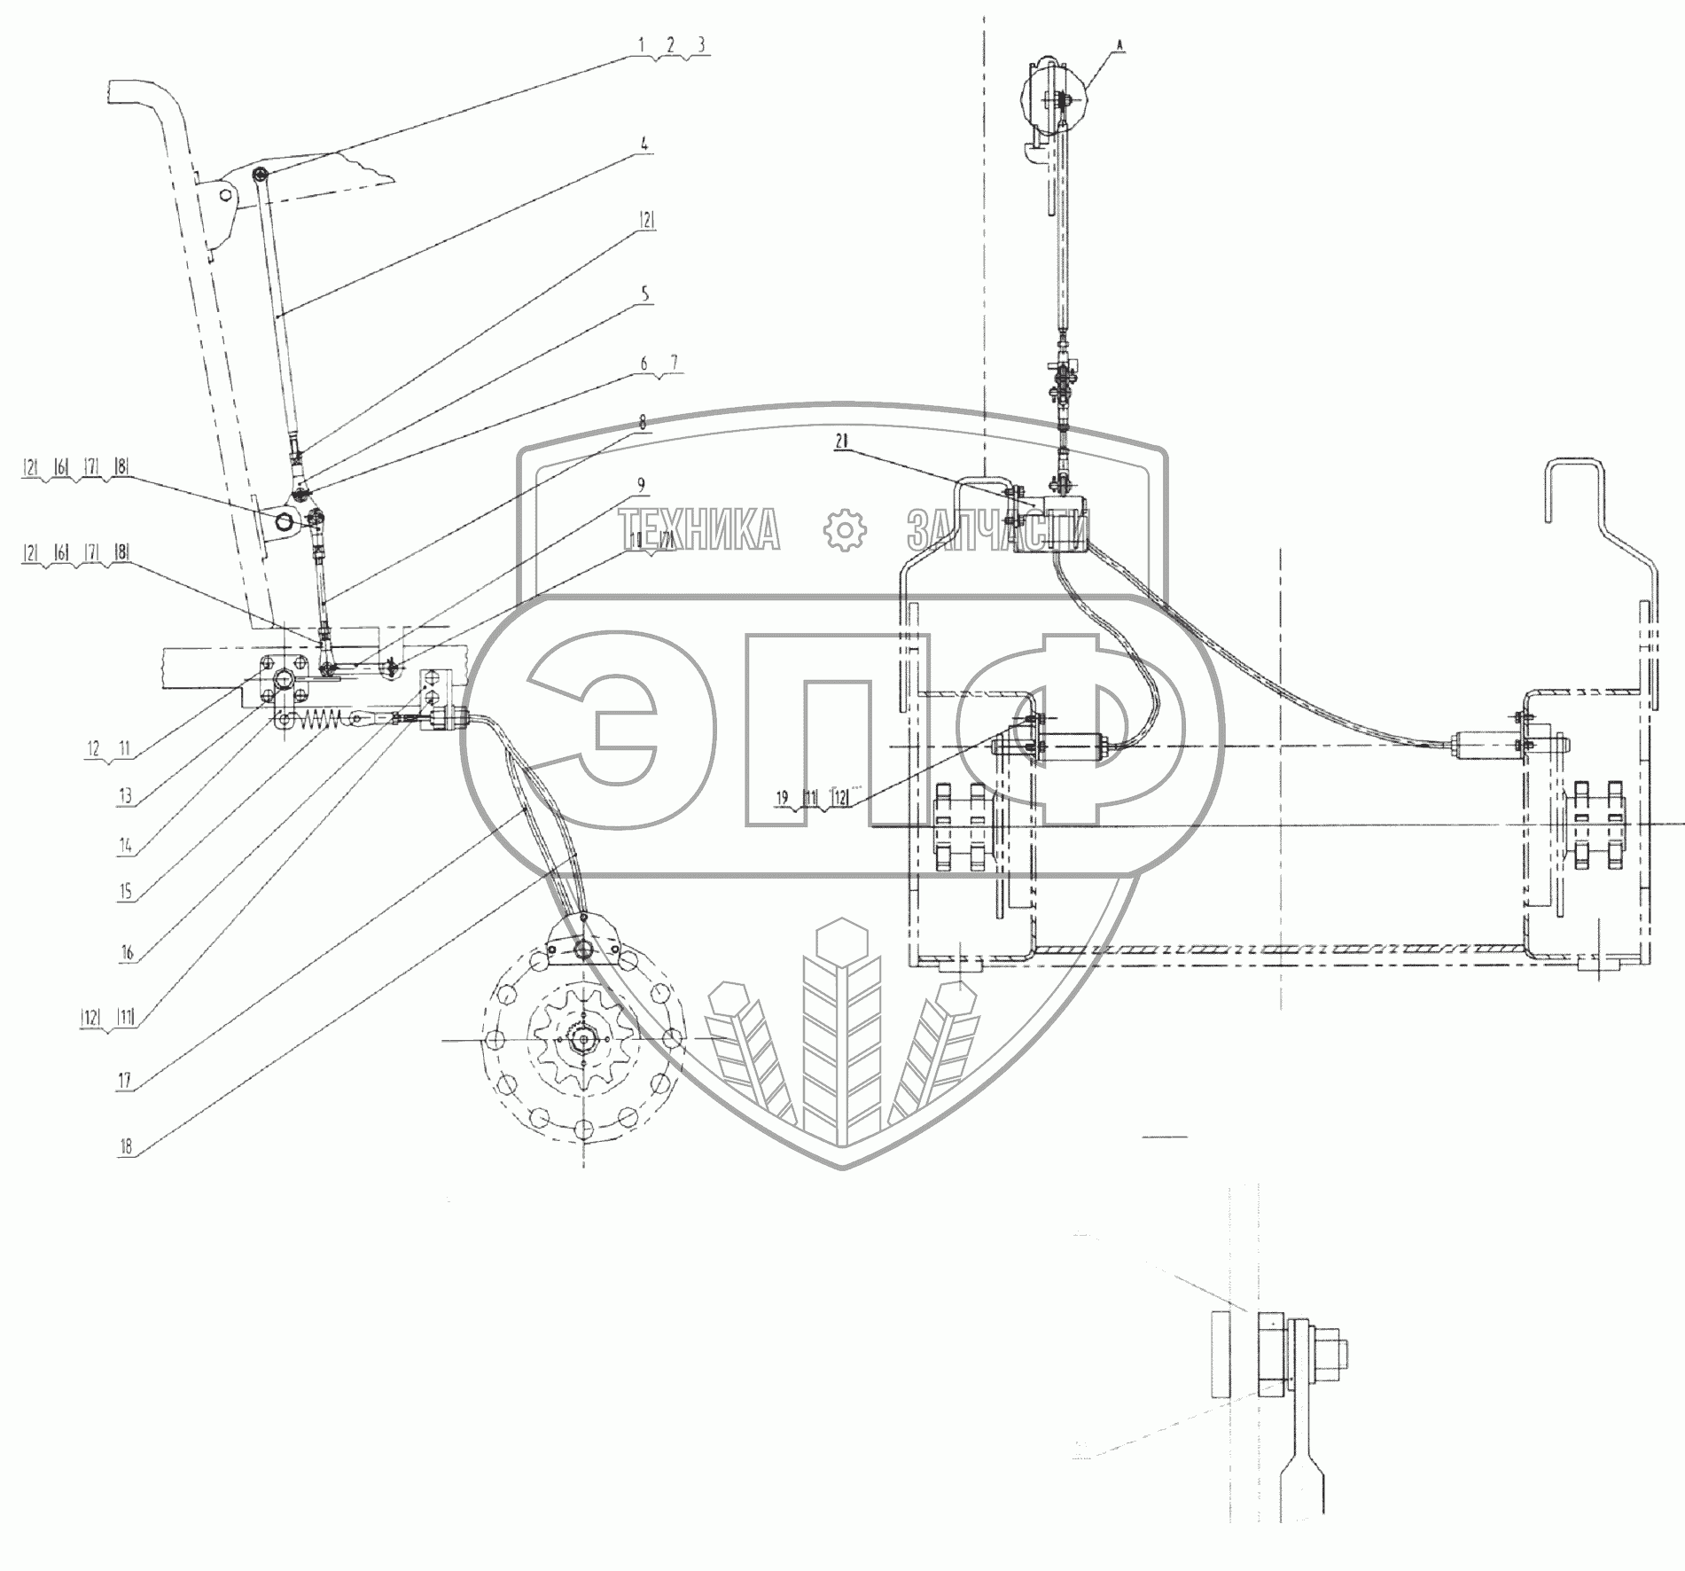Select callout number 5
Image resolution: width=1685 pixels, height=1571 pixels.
coord(645,293)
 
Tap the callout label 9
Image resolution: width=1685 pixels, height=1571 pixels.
coord(640,485)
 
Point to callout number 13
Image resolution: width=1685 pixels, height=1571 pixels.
coord(125,796)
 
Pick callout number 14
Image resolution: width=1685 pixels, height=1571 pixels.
coord(126,846)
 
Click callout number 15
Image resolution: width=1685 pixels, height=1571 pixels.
coord(126,891)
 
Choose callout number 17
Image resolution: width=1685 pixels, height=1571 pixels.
coord(125,1080)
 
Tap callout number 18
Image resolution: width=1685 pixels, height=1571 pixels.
coord(125,1145)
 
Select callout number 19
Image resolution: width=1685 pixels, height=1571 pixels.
coord(781,798)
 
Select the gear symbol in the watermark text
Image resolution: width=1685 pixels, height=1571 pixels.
coord(843,530)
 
